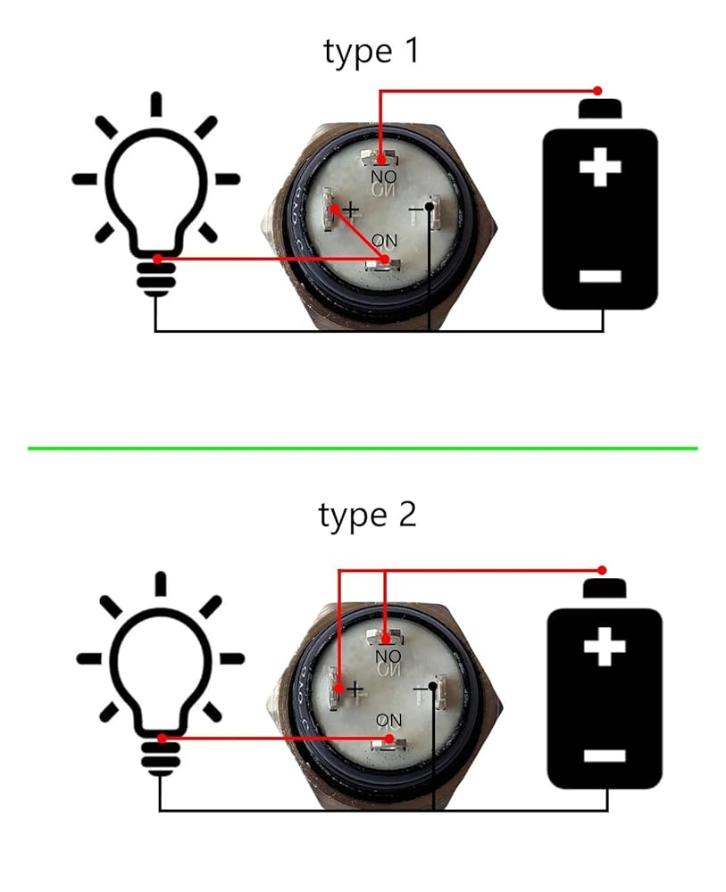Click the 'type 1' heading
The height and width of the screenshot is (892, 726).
[371, 52]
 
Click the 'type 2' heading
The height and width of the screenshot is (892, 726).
[367, 516]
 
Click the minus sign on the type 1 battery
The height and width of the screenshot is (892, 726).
[599, 276]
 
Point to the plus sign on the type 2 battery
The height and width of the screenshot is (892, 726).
[604, 648]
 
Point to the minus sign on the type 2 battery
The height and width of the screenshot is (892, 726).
[604, 756]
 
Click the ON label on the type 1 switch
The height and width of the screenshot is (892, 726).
[385, 241]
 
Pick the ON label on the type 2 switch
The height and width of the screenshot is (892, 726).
[388, 720]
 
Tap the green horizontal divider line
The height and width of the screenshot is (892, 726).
[363, 448]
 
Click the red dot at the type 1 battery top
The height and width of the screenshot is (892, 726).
[598, 91]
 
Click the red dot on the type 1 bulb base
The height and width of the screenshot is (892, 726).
[157, 260]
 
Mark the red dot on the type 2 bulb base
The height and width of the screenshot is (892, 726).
[162, 739]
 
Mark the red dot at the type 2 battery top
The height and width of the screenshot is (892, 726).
[602, 570]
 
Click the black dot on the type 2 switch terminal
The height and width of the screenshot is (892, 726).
[433, 686]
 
